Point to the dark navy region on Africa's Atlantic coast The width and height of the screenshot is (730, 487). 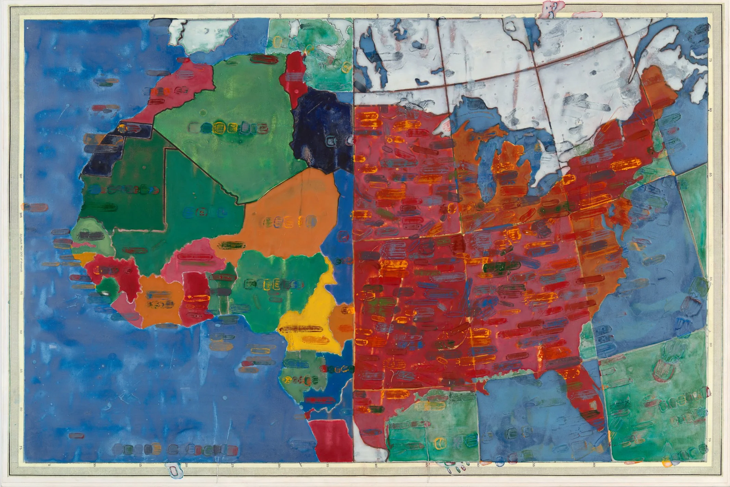(103, 154)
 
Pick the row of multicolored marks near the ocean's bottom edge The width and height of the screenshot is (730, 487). (175, 448)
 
